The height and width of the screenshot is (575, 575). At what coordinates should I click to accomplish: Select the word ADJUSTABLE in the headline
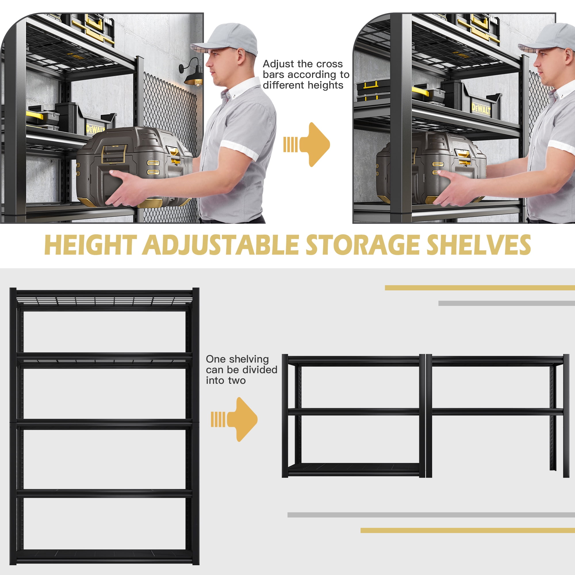pyautogui.click(x=221, y=245)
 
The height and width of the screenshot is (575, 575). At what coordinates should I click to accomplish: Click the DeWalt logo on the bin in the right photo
pyautogui.click(x=481, y=109)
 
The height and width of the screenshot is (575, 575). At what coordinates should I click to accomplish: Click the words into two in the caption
pyautogui.click(x=226, y=380)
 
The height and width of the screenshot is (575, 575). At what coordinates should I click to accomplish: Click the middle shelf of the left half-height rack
pyautogui.click(x=353, y=412)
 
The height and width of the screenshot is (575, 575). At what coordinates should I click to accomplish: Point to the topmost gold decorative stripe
pyautogui.click(x=479, y=288)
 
